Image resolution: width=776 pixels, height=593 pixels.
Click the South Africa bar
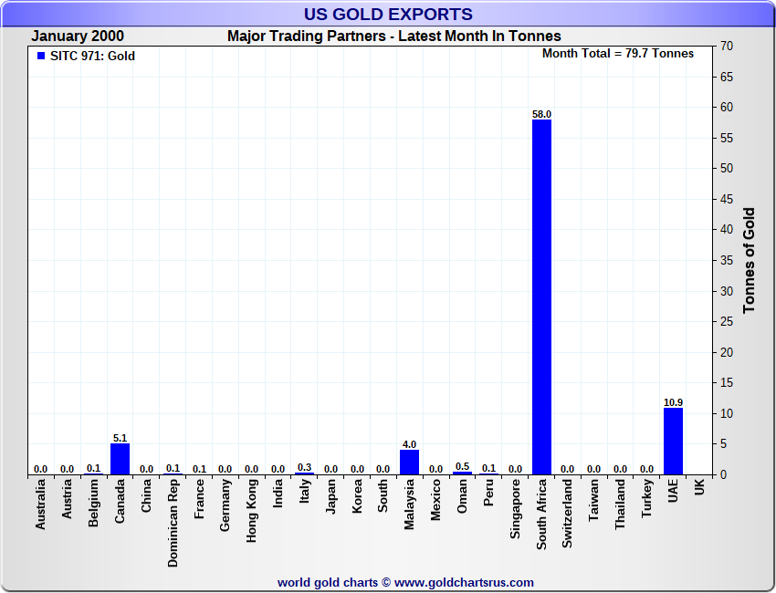[x=541, y=296]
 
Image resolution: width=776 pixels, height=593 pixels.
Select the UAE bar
[x=673, y=441]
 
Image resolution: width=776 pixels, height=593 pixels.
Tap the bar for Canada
[x=120, y=459]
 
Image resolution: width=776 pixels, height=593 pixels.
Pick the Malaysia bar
[x=409, y=462]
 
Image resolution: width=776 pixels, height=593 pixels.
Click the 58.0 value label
[x=541, y=114]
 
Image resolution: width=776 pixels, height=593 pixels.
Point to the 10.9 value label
[x=673, y=402]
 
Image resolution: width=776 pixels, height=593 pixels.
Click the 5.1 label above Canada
[x=120, y=438]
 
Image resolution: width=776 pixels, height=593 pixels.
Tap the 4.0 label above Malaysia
[x=409, y=444]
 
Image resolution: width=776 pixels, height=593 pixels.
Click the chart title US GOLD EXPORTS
[x=388, y=14]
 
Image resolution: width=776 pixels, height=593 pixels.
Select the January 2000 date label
[x=78, y=36]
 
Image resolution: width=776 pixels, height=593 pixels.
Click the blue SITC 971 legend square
[x=40, y=56]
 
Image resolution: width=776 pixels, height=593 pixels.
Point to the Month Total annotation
[x=617, y=54]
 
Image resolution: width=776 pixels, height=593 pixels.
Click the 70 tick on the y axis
[x=727, y=46]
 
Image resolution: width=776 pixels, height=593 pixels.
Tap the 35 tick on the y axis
[x=727, y=261]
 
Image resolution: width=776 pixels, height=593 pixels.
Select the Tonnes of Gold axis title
[x=750, y=261]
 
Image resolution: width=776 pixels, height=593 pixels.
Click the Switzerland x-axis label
[x=568, y=515]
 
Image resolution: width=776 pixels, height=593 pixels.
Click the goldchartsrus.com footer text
[x=405, y=582]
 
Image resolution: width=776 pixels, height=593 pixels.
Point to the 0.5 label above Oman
[x=462, y=466]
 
